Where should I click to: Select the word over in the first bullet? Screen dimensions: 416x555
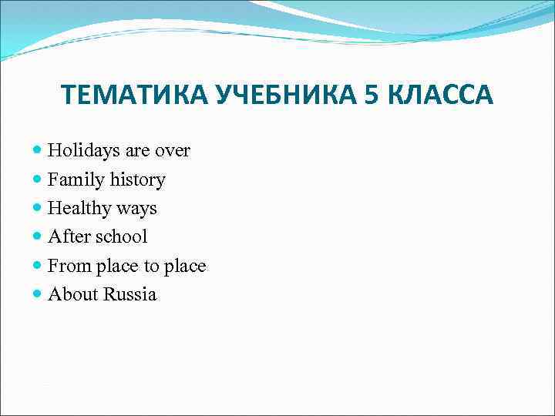[x=171, y=151]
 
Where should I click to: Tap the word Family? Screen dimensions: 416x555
[x=73, y=180]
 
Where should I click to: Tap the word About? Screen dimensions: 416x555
[x=72, y=295]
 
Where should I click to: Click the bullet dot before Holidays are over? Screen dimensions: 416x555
[x=39, y=151]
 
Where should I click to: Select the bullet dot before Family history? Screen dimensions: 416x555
[x=39, y=180]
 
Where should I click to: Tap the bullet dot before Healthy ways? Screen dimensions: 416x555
[x=39, y=209]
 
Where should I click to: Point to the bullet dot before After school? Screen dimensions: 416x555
[x=39, y=237]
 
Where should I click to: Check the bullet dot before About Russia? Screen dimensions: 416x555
[x=39, y=295]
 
